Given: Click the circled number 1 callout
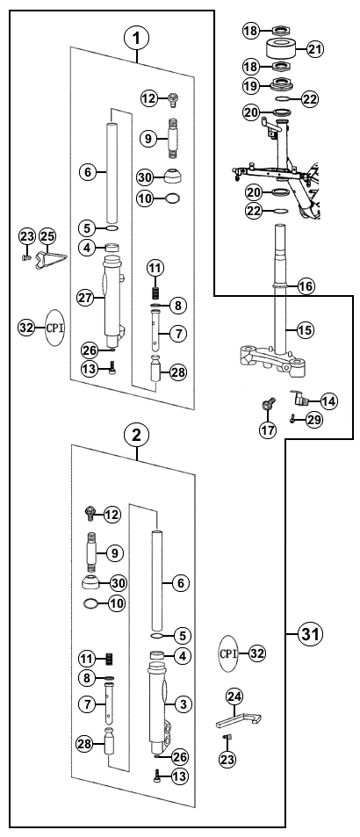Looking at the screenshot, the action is tap(136, 38).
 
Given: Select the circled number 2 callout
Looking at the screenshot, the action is tap(136, 435).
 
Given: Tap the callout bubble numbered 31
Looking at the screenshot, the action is tap(311, 634).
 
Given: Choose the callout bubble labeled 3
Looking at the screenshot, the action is tap(183, 704).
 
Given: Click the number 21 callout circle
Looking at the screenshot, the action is tap(314, 50).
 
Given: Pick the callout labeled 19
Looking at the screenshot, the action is tap(252, 84).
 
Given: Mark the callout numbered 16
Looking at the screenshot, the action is tap(306, 286).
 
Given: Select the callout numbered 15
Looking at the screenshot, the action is tap(305, 330).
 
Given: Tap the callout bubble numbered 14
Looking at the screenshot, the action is tap(329, 400).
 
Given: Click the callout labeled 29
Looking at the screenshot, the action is tap(314, 420).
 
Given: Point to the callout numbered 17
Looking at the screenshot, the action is tap(268, 429).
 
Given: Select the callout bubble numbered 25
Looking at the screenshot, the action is tap(47, 236).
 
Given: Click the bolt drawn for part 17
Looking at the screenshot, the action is tap(269, 404).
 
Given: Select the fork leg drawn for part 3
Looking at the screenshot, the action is tap(158, 705).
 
